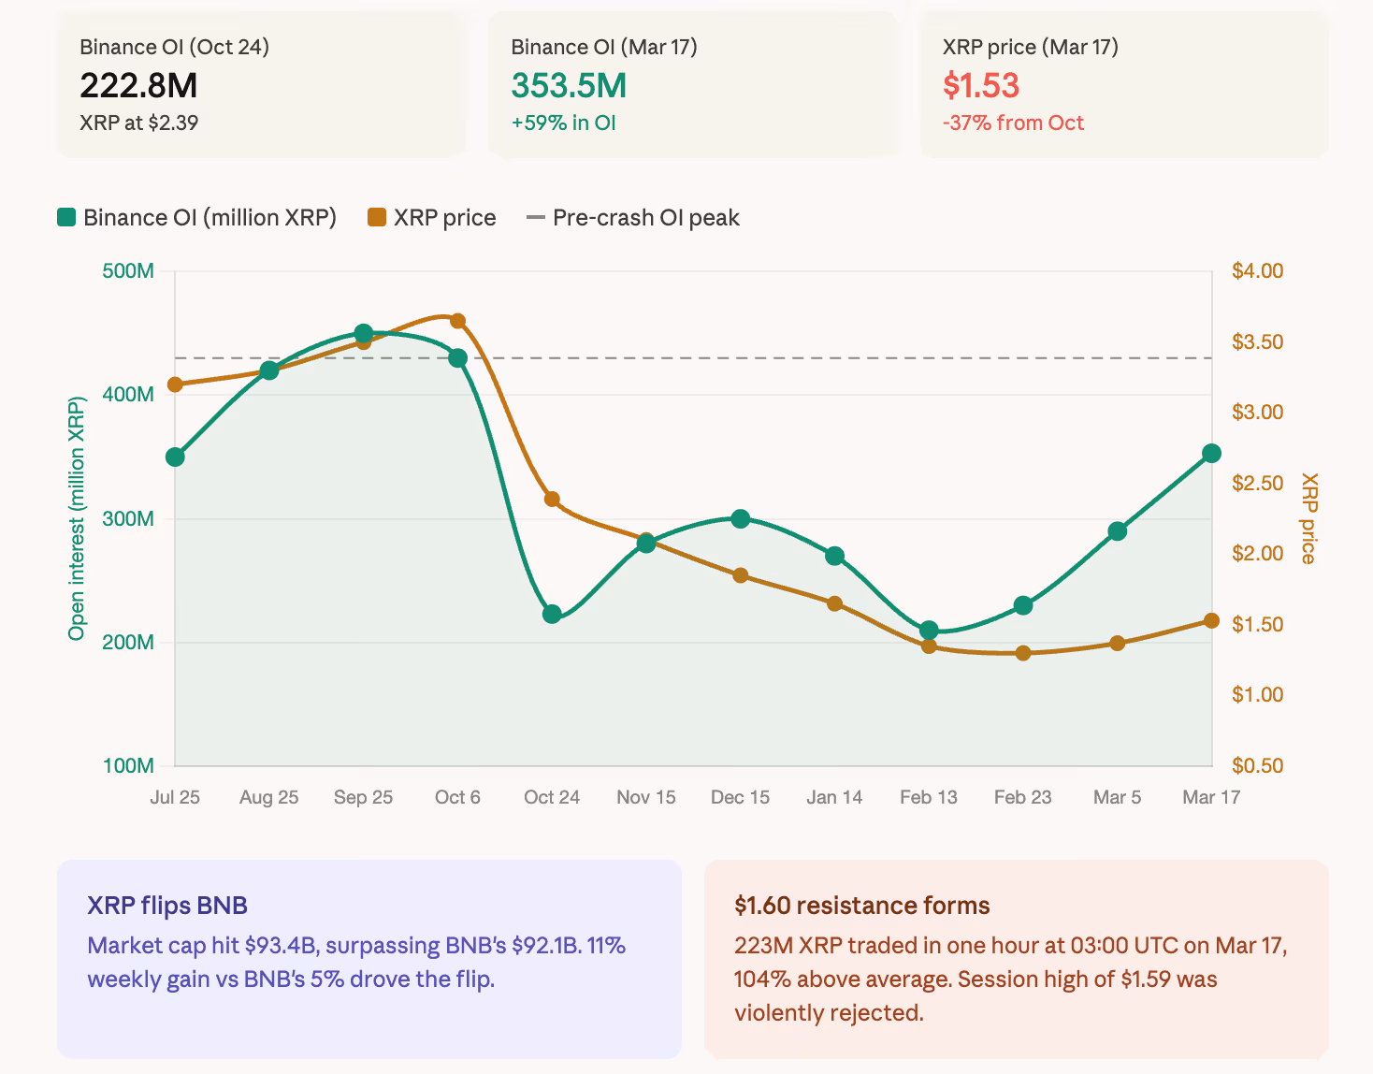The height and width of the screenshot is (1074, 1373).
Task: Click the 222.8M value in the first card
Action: [138, 86]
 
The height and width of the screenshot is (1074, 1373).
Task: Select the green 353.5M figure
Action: [569, 86]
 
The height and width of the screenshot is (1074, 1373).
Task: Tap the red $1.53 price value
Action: [980, 86]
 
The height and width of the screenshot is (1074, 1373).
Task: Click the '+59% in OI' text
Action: [563, 123]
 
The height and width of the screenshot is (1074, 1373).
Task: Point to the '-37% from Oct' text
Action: [1013, 123]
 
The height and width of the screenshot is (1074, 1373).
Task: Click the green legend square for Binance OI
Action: [66, 218]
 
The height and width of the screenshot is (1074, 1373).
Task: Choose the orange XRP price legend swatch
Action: [377, 218]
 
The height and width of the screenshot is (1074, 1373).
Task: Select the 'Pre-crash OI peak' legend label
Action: [645, 218]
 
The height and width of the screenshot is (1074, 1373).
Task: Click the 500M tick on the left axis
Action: [128, 271]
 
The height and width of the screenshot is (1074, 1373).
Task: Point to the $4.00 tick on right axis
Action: [1257, 271]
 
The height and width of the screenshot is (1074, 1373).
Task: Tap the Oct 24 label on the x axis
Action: [552, 797]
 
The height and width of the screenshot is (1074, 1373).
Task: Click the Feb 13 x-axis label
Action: [929, 797]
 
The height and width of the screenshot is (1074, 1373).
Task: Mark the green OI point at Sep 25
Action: [364, 334]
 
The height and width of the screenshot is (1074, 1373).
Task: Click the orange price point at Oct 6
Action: [458, 321]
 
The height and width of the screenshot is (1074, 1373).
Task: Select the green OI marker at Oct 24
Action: [552, 614]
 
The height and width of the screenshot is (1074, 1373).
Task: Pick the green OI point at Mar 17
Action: [1211, 454]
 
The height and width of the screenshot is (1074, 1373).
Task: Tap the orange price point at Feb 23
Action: [1023, 653]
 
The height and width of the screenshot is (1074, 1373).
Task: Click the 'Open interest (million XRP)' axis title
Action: [77, 518]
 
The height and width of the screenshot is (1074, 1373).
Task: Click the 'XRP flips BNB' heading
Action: [167, 906]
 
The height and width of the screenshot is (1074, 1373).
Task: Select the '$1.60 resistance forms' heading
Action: [861, 906]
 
